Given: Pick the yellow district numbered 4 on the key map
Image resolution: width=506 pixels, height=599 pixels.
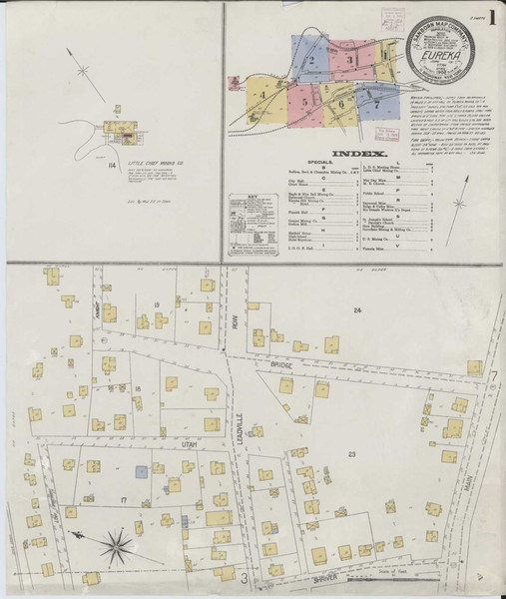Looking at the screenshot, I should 262,96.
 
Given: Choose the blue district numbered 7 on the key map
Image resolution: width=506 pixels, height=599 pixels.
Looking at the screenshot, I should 376,101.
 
